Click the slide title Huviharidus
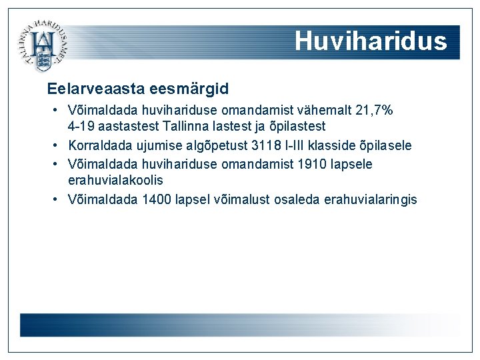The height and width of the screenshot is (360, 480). click(x=371, y=41)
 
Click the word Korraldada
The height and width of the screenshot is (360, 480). click(x=99, y=145)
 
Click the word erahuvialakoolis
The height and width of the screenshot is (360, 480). click(x=115, y=180)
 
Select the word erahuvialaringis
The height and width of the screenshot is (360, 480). click(x=370, y=199)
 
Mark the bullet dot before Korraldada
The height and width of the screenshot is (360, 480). click(x=57, y=145)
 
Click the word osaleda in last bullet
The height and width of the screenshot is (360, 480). click(x=298, y=199)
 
